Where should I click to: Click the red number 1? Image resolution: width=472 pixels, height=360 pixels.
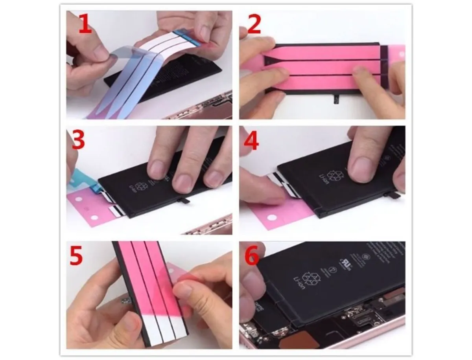coord(85,24)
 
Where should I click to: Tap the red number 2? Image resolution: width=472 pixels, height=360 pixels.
coord(254,24)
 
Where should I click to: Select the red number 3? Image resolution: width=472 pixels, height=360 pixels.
coord(78,140)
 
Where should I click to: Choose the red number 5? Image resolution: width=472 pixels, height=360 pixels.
coord(76,255)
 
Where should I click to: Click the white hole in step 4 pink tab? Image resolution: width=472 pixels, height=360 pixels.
coord(271,216)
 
